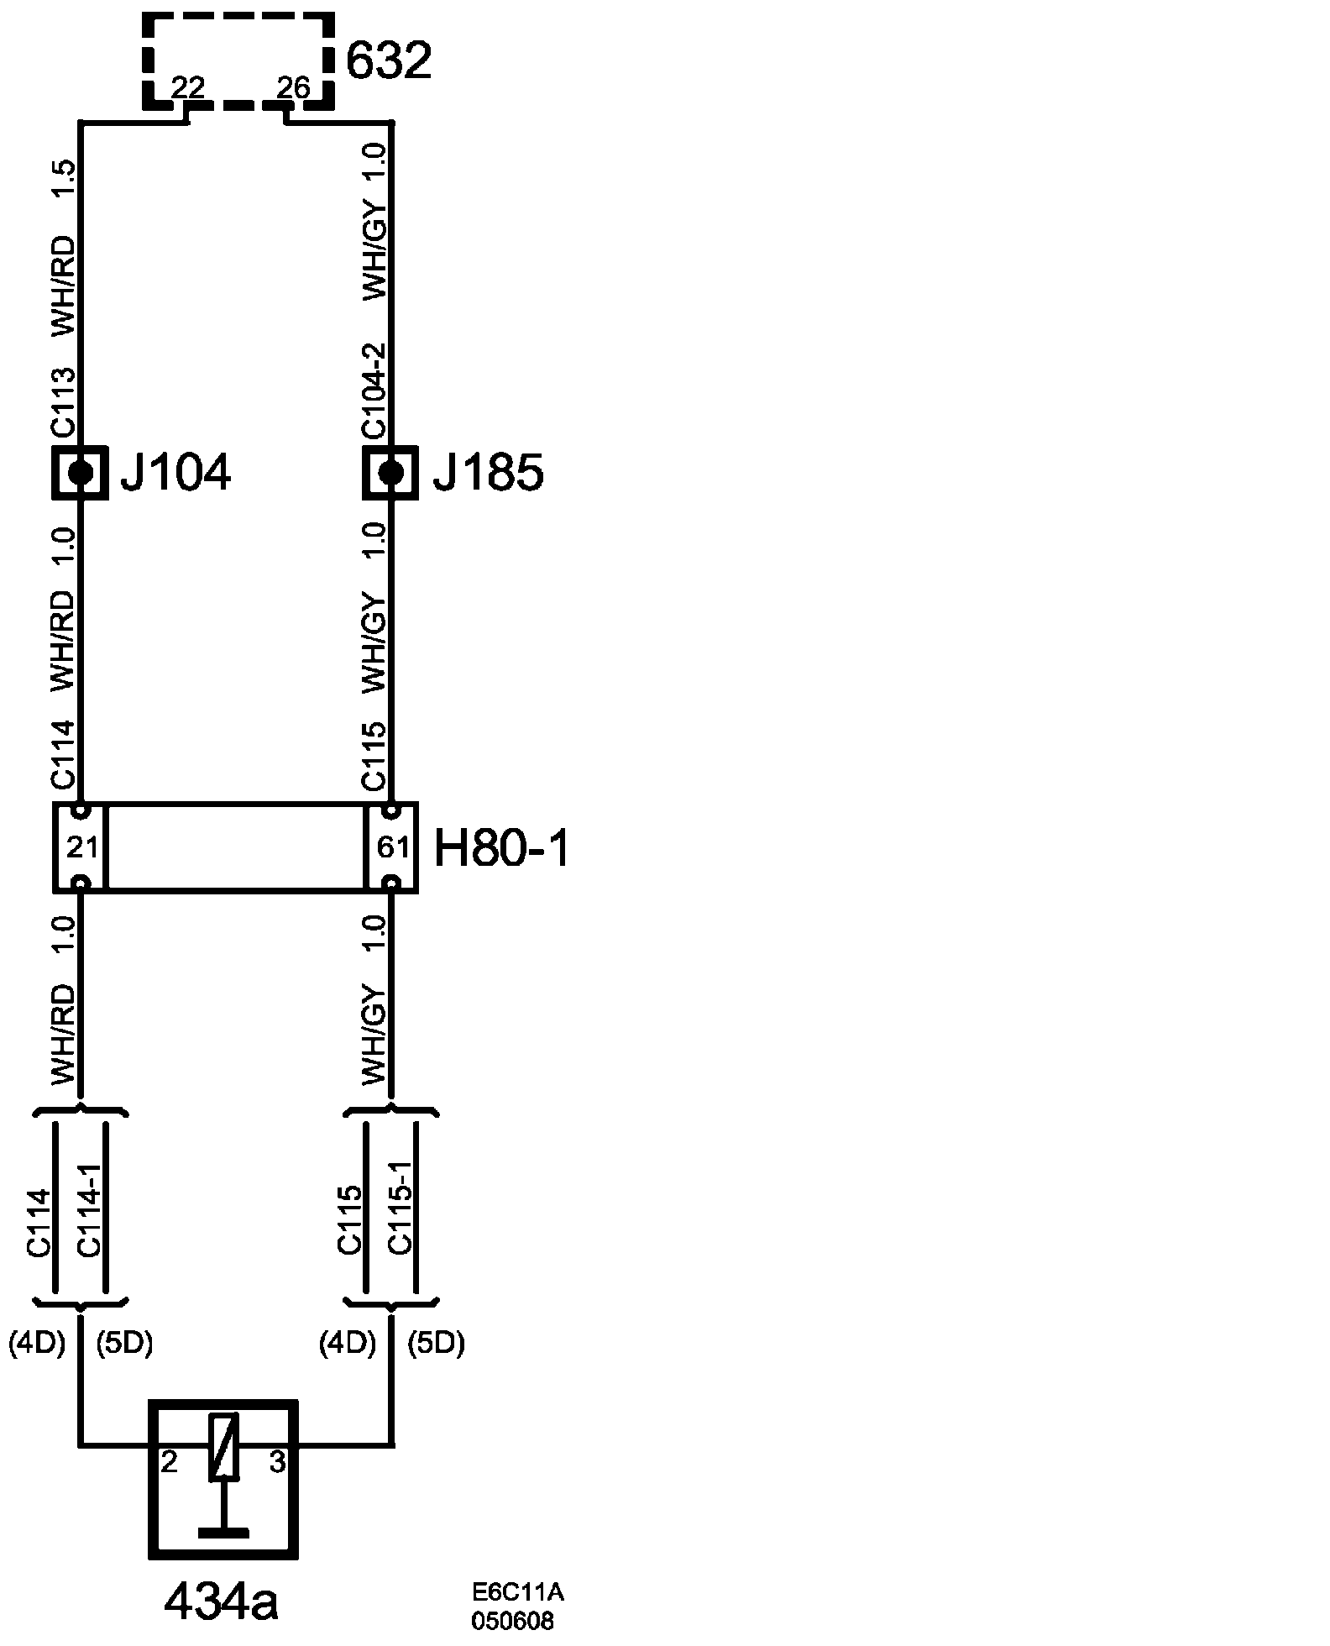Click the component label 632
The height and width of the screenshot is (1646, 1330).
(389, 60)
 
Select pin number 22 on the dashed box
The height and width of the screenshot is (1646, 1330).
(188, 87)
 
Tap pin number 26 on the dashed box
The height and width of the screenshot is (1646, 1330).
(293, 87)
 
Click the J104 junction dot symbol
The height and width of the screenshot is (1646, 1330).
(81, 473)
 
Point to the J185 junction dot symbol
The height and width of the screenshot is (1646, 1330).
(390, 473)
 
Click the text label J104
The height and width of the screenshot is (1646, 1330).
(175, 474)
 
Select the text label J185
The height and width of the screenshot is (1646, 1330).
(488, 474)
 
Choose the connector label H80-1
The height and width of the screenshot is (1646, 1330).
(502, 849)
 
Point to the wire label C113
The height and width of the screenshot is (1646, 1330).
(65, 403)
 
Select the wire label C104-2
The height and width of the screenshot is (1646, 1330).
(374, 391)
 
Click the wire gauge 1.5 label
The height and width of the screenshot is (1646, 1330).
(65, 179)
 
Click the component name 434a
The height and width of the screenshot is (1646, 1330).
(221, 1602)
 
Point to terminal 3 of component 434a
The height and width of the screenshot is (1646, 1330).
(278, 1462)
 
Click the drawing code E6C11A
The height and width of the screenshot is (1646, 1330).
(516, 1592)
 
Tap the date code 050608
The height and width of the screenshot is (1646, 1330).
(512, 1620)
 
